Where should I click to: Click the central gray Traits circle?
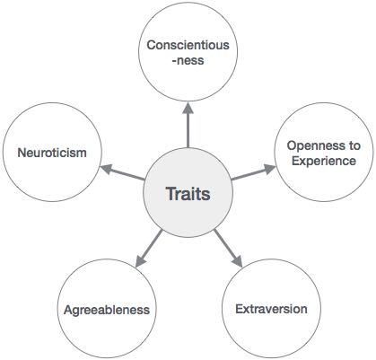(x=188, y=192)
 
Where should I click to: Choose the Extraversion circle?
(x=270, y=308)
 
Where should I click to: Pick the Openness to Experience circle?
(x=321, y=153)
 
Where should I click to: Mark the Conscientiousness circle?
(x=188, y=52)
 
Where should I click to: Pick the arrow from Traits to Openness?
(x=254, y=173)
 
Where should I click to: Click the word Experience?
(x=321, y=161)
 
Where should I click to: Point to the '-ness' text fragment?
(x=188, y=60)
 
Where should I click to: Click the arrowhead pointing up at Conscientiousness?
(x=188, y=107)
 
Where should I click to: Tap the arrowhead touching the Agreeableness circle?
(x=137, y=263)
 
